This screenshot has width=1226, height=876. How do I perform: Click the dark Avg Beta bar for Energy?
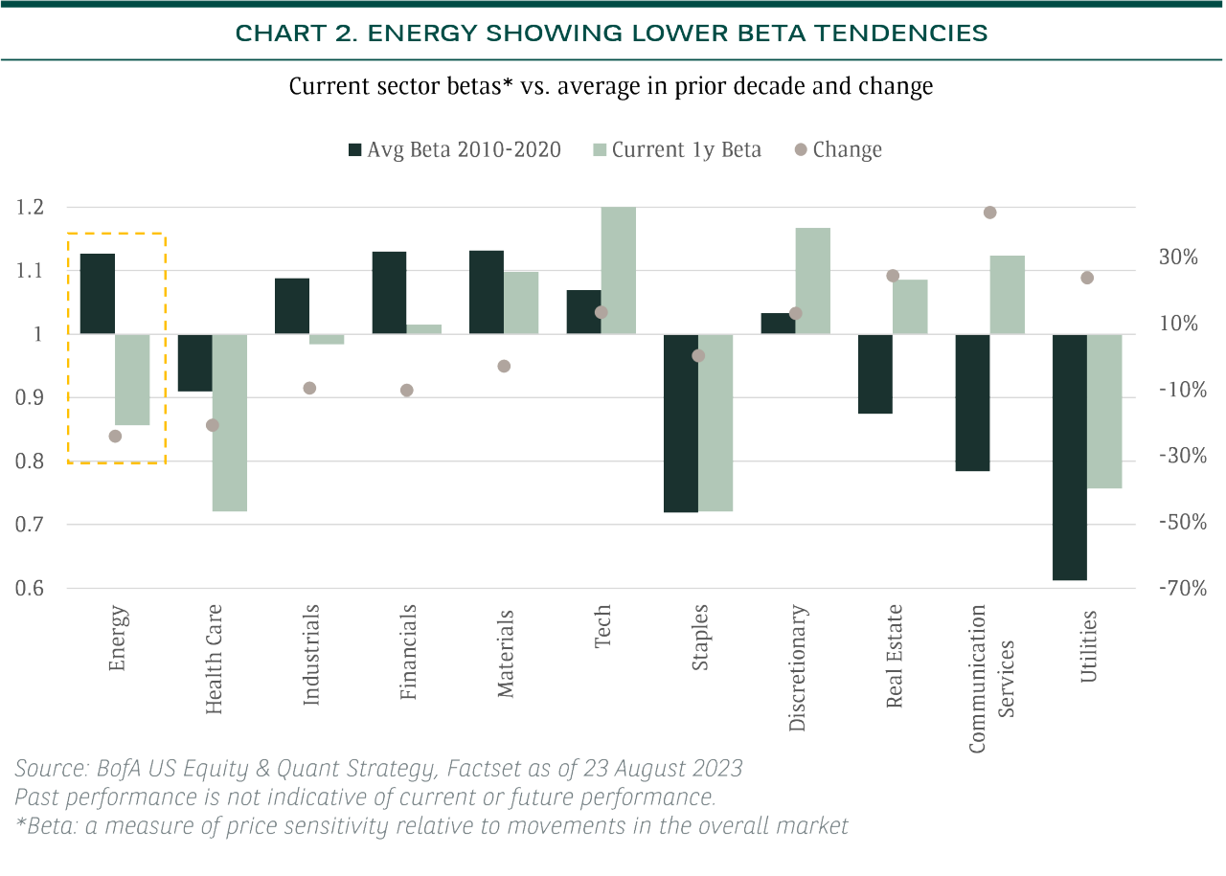tap(98, 294)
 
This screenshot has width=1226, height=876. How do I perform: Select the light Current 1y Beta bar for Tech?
tap(619, 270)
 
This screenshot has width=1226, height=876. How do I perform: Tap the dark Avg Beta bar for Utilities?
tap(1070, 457)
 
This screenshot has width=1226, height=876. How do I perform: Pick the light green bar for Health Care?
tap(229, 422)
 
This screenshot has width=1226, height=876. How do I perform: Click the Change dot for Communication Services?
tap(989, 213)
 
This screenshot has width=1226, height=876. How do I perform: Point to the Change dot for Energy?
tap(115, 436)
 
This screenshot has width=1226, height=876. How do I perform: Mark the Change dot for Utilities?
tap(1087, 278)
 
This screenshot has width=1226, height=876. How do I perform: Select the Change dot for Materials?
tap(504, 366)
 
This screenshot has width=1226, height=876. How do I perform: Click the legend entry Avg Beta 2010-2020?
tap(455, 149)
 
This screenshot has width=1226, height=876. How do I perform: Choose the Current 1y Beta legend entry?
tap(677, 149)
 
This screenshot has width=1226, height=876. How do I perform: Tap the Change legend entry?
tap(838, 149)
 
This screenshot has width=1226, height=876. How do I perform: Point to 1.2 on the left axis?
tap(30, 208)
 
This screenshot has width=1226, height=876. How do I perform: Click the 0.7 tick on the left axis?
tap(30, 525)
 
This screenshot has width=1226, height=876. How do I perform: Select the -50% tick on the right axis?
tap(1183, 522)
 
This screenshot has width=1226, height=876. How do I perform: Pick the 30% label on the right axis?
tap(1178, 257)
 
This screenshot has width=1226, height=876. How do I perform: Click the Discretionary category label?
tap(797, 667)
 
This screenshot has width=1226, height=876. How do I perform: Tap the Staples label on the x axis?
tap(699, 638)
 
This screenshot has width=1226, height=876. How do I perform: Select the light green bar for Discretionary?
tap(813, 281)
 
